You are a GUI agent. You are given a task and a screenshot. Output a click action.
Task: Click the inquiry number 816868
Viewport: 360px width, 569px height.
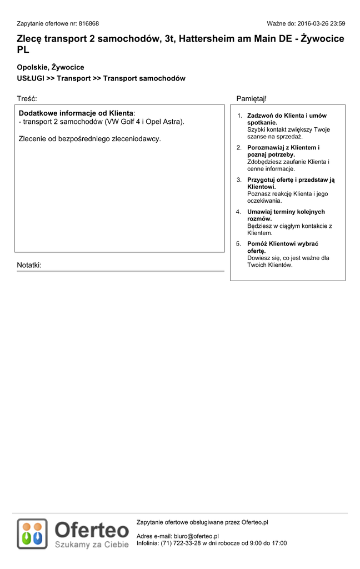(89, 24)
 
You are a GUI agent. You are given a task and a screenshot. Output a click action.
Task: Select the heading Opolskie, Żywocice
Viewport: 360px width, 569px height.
(51, 67)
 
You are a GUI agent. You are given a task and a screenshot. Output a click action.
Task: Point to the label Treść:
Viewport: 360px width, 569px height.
(27, 98)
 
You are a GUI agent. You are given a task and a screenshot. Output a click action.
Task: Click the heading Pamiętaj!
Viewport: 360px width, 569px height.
(252, 98)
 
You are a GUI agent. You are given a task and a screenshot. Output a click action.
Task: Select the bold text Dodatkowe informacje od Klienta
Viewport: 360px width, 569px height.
(76, 113)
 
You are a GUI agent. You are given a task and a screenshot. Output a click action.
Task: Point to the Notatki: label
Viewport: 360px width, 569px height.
(29, 265)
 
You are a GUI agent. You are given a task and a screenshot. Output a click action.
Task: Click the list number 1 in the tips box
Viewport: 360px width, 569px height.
(239, 116)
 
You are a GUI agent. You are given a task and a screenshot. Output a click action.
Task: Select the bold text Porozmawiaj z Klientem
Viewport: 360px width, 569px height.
(282, 147)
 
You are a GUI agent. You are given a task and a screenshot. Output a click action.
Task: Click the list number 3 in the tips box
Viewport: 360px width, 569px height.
(239, 179)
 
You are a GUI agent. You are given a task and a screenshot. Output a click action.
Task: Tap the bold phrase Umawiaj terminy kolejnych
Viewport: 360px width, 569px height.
(286, 212)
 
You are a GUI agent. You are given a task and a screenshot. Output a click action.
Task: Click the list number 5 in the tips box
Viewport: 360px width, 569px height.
(239, 244)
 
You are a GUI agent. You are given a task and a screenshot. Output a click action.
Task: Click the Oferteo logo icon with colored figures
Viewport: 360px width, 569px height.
(32, 533)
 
